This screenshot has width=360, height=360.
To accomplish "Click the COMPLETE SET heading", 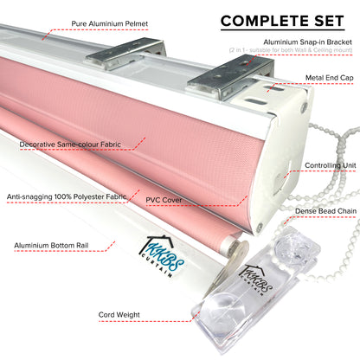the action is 282,21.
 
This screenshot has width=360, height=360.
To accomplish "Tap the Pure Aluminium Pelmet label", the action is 110,23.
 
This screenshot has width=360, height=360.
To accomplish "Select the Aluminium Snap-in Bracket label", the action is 307,42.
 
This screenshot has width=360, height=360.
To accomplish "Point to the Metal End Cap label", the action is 329,78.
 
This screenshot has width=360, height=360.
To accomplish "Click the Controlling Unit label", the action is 331,165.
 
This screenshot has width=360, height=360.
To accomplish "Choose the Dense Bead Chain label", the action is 325,211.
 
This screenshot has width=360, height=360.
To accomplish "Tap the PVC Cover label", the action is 164,200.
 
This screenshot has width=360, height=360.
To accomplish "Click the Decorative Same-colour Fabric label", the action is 70,145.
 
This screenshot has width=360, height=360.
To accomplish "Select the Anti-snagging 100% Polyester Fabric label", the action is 67,196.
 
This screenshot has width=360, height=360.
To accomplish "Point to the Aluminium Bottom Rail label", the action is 51,246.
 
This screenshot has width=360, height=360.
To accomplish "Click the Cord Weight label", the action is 119,315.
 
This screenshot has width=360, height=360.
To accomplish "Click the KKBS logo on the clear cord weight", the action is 256,280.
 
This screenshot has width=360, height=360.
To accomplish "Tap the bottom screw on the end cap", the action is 260,227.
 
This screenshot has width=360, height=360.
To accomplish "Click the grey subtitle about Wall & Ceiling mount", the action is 291,50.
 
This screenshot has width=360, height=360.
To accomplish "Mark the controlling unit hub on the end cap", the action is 280,183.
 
